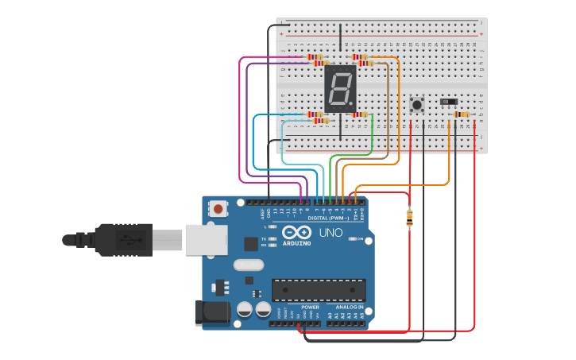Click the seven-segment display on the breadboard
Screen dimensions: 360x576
(x=340, y=88)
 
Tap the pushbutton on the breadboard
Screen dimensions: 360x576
(x=416, y=104)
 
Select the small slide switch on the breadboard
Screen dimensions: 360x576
(x=449, y=102)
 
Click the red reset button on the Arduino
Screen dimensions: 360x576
(x=217, y=209)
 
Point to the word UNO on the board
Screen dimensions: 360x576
(x=331, y=233)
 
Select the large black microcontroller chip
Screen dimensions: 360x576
(x=319, y=290)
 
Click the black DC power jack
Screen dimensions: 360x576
(x=212, y=312)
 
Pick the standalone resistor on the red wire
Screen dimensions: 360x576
(x=409, y=217)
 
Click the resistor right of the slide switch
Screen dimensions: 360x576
(x=461, y=114)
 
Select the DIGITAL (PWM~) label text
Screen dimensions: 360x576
(x=328, y=216)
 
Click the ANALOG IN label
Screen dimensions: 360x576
(x=349, y=307)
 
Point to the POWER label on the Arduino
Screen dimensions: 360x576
(x=310, y=307)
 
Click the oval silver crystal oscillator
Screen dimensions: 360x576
(x=248, y=265)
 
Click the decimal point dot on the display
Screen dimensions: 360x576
(x=353, y=106)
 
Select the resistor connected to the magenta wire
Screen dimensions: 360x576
(x=315, y=57)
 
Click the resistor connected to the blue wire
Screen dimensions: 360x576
(x=315, y=114)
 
